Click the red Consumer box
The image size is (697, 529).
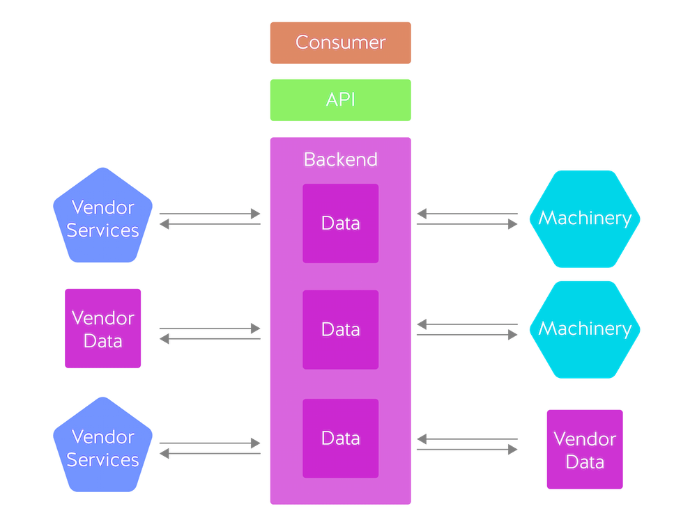(340, 42)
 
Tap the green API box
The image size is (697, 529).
(340, 100)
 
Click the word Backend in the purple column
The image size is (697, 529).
(340, 159)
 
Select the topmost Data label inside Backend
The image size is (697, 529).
(340, 223)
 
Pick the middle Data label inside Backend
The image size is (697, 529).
(340, 329)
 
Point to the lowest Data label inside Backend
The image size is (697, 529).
(340, 439)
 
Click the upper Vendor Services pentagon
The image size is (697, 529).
(104, 217)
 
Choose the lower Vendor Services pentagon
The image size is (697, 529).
(104, 447)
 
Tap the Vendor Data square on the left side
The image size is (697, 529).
(103, 329)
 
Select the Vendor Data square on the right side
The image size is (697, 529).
(585, 450)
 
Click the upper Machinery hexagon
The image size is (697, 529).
(585, 219)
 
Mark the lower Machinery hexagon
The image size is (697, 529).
(585, 329)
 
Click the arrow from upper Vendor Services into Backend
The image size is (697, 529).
(209, 213)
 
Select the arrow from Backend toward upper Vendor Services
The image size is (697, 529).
(209, 224)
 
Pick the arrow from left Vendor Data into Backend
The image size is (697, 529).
(209, 328)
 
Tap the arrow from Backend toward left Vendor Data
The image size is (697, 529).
(209, 339)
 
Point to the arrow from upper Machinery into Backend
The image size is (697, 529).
(467, 214)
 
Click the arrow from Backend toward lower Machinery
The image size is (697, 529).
(467, 335)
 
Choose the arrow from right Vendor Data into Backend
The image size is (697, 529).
(467, 439)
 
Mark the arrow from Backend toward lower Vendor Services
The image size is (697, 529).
(209, 454)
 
